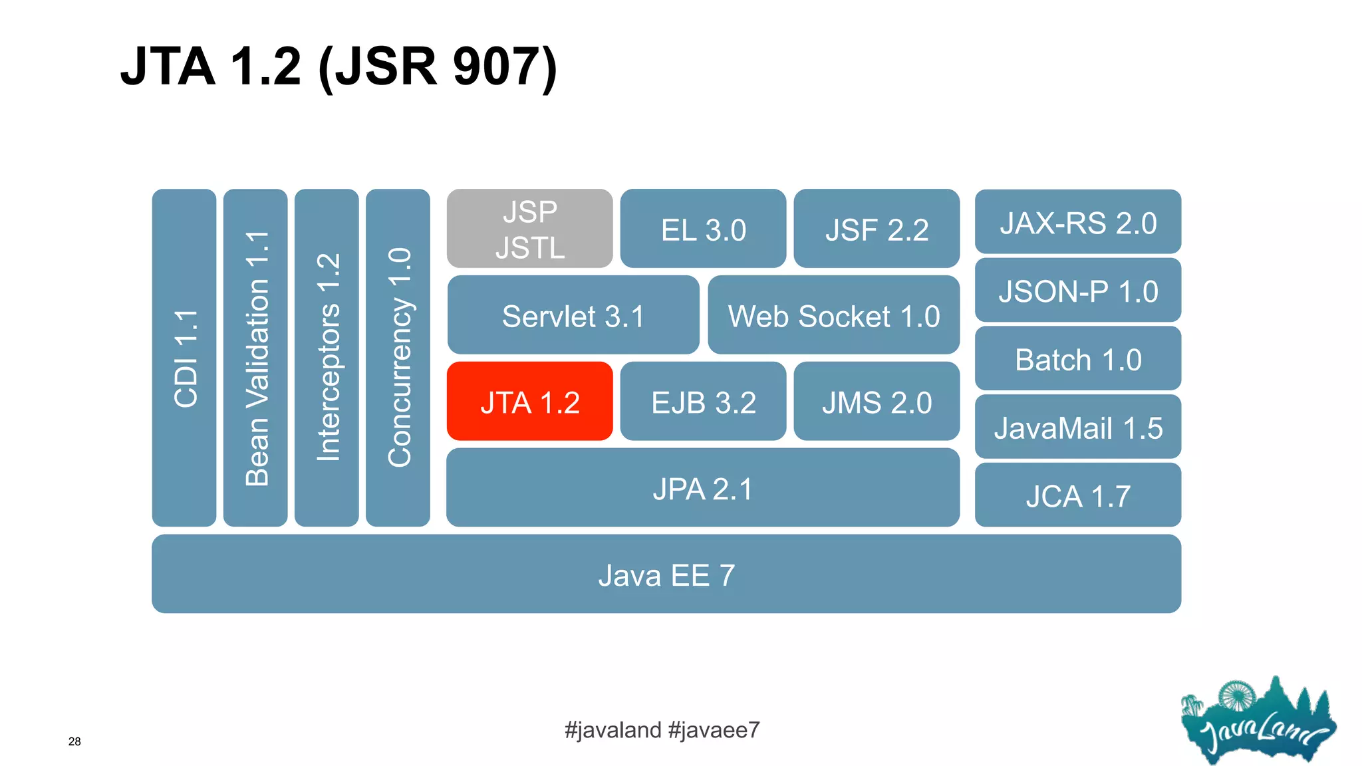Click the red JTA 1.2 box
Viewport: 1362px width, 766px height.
[529, 402]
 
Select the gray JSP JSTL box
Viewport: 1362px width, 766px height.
[529, 229]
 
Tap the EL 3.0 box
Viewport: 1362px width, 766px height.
[703, 229]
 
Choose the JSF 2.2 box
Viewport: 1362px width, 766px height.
[877, 229]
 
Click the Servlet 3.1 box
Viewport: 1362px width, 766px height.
[573, 315]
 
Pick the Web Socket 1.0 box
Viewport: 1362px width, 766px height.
[833, 315]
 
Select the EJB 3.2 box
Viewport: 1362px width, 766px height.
[703, 402]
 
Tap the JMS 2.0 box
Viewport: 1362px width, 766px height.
[877, 402]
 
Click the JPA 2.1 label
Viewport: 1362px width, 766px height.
[702, 489]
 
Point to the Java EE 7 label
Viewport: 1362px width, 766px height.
[666, 575]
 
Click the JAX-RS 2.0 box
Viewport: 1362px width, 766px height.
[1077, 223]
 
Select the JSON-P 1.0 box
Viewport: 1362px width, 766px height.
[1077, 291]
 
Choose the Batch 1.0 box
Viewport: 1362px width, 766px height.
[1077, 359]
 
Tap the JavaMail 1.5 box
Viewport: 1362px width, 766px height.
[1077, 428]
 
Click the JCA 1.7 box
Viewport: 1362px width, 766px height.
[1077, 496]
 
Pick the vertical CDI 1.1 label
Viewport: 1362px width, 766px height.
[185, 358]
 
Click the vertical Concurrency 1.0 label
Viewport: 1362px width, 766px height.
[399, 358]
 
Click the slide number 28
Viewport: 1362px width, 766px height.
[74, 741]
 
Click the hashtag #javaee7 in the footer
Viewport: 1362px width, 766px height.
[714, 730]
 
